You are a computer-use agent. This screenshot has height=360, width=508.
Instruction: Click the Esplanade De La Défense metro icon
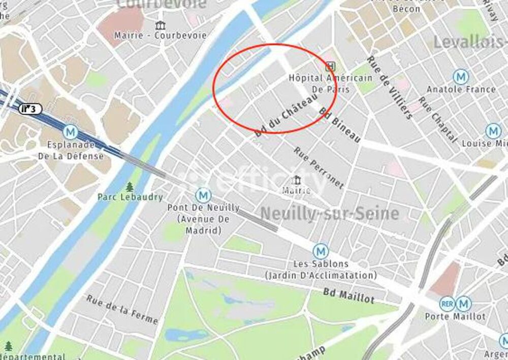71,132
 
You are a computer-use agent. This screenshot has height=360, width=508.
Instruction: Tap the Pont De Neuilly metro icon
204,195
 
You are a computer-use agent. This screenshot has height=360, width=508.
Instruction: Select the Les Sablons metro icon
320,251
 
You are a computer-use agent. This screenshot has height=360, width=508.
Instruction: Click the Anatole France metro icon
461,77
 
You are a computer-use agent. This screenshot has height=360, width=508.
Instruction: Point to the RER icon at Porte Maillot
447,304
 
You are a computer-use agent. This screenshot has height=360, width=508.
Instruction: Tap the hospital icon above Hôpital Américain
331,66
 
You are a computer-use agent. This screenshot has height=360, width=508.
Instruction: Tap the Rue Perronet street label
319,167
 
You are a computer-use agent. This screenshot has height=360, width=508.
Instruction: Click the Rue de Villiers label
389,87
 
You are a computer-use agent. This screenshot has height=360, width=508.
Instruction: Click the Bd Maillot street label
348,295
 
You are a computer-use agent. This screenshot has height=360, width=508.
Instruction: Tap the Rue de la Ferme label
122,309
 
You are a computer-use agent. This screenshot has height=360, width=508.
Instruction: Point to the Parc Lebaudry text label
131,197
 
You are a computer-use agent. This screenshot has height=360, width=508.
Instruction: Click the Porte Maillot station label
455,316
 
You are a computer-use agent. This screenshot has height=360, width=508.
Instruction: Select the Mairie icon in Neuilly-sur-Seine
296,181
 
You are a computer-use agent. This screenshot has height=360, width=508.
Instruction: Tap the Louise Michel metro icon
493,131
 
